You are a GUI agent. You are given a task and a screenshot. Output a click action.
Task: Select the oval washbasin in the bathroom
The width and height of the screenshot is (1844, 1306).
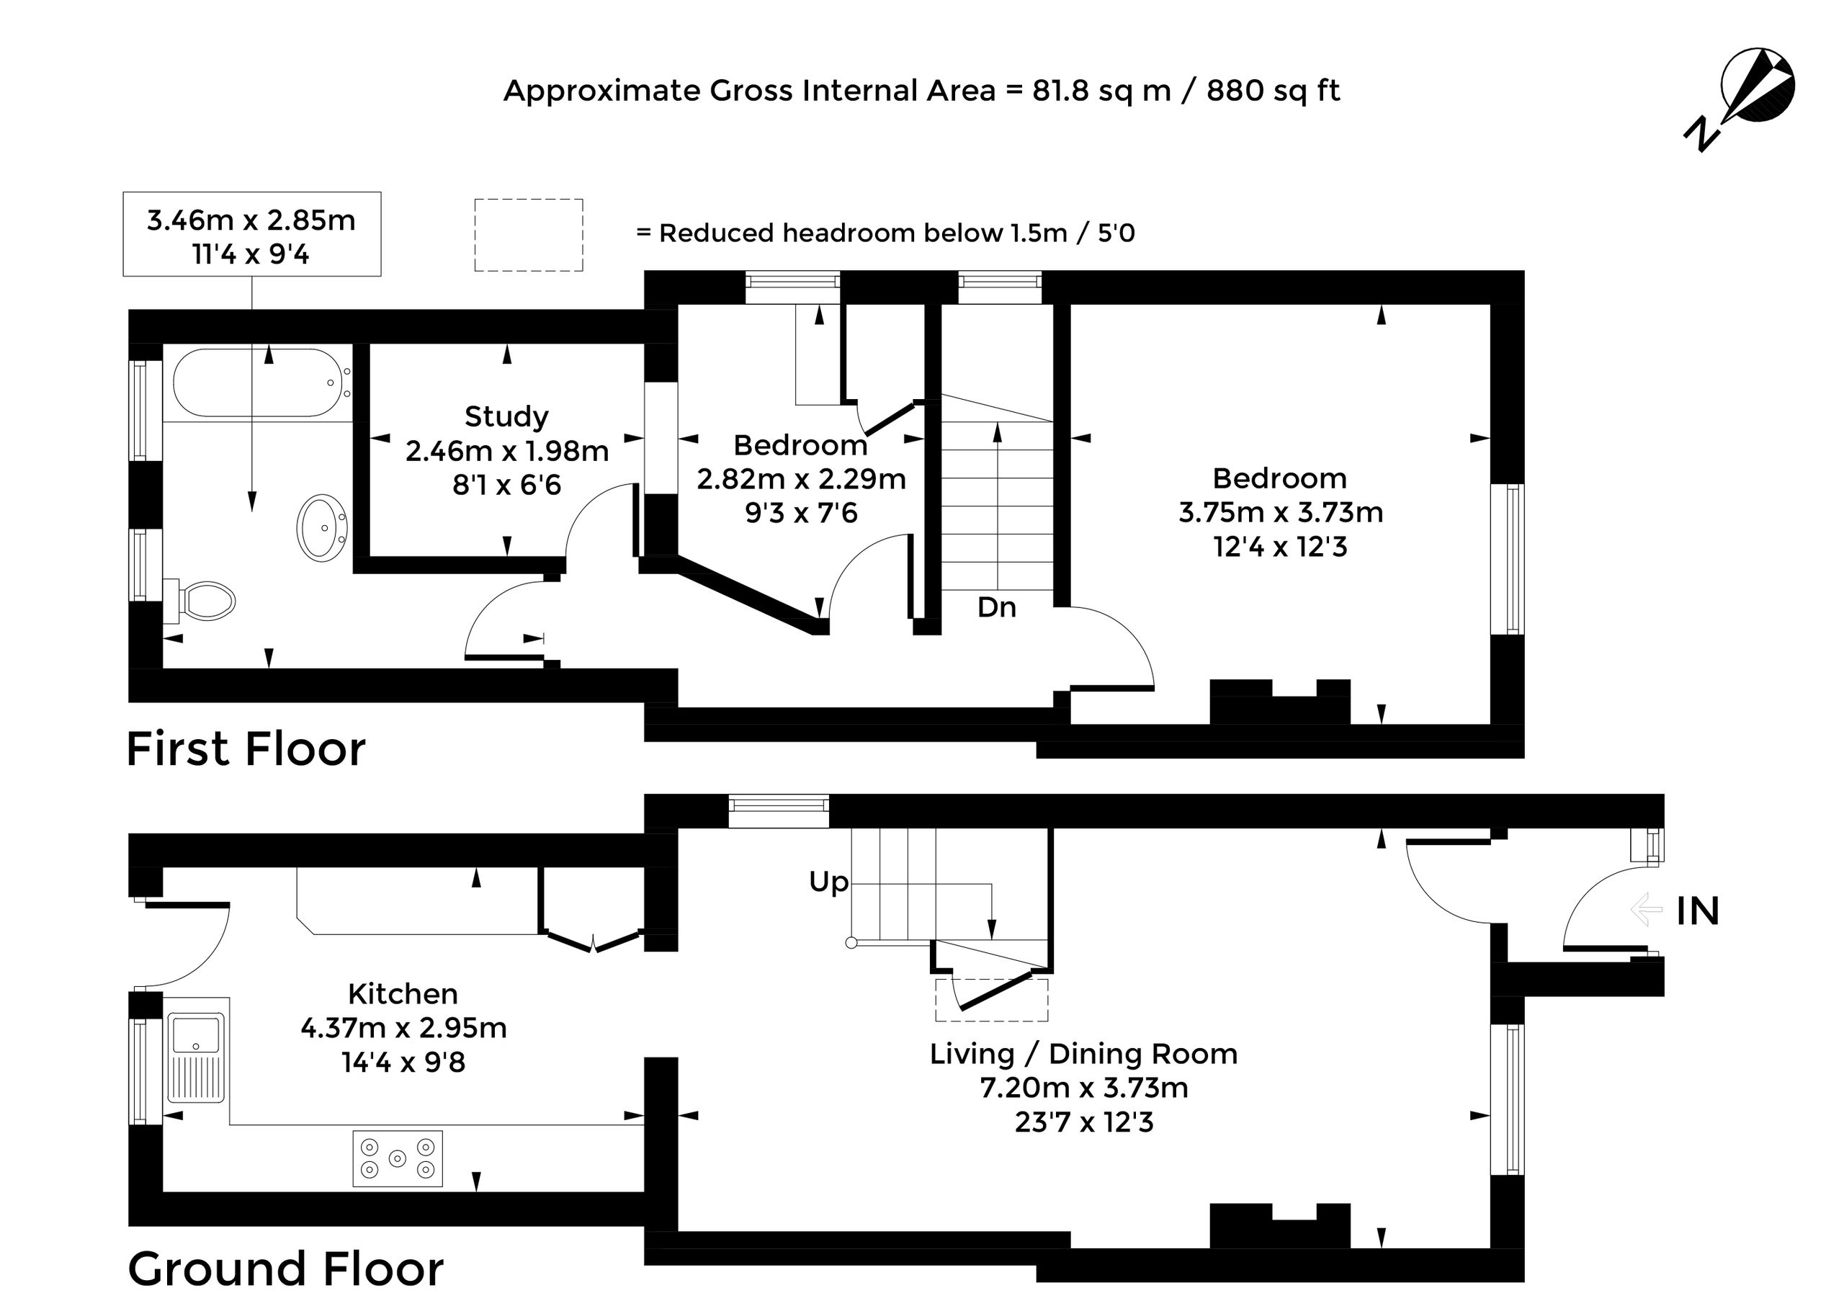point(323,527)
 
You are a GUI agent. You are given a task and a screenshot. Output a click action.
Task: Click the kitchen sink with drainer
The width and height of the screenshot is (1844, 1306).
point(198,1059)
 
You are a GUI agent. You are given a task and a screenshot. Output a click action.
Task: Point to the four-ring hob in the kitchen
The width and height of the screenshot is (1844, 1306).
point(398,1159)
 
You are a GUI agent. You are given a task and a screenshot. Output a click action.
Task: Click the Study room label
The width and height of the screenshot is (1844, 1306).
point(506,416)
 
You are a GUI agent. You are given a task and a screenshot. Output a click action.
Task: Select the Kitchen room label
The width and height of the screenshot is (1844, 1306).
point(403,994)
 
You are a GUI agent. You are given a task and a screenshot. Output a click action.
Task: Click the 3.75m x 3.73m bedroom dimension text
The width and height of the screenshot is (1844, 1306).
point(1281,512)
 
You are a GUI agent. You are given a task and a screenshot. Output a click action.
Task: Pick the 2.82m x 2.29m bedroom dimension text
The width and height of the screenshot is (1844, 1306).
point(801,479)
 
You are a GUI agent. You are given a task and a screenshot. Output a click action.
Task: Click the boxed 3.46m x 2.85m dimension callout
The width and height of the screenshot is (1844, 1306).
point(251,234)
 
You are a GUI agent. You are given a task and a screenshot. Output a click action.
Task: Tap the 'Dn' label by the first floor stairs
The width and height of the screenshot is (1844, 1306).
point(996,607)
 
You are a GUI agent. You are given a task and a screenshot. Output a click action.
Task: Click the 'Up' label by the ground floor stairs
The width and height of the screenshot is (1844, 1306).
point(829,882)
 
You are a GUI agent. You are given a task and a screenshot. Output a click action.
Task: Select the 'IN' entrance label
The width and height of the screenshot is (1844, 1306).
point(1698,911)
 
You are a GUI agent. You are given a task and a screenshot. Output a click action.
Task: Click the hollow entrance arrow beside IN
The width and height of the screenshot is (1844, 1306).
point(1645,910)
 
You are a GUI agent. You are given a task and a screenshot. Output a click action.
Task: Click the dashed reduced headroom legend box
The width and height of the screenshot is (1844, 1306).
point(529,235)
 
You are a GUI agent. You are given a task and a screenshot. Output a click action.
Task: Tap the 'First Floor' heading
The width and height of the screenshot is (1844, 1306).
point(246,748)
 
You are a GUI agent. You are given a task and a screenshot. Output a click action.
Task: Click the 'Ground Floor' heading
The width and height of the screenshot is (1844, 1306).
point(285,1269)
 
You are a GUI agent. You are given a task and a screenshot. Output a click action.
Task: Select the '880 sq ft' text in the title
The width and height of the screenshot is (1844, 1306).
point(1273,91)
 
